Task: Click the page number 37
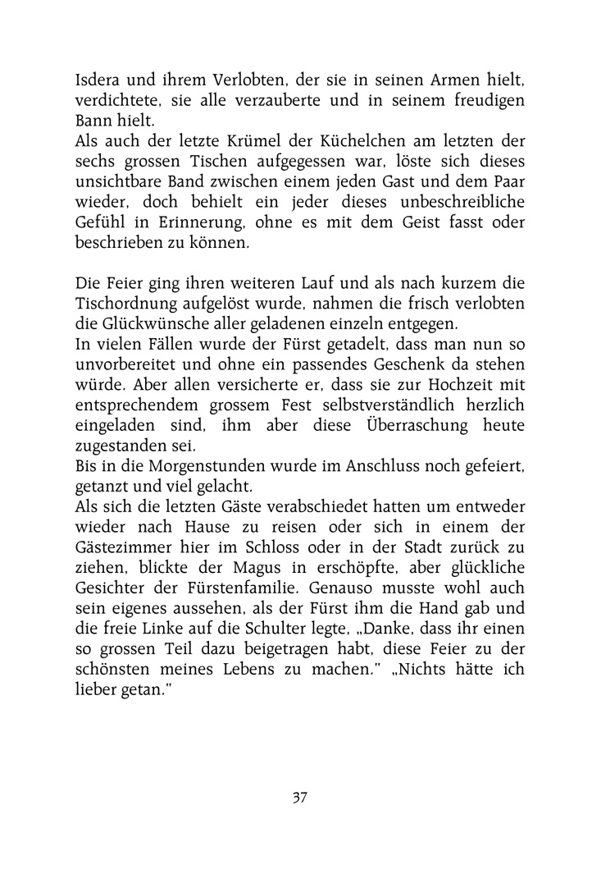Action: (x=299, y=798)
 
